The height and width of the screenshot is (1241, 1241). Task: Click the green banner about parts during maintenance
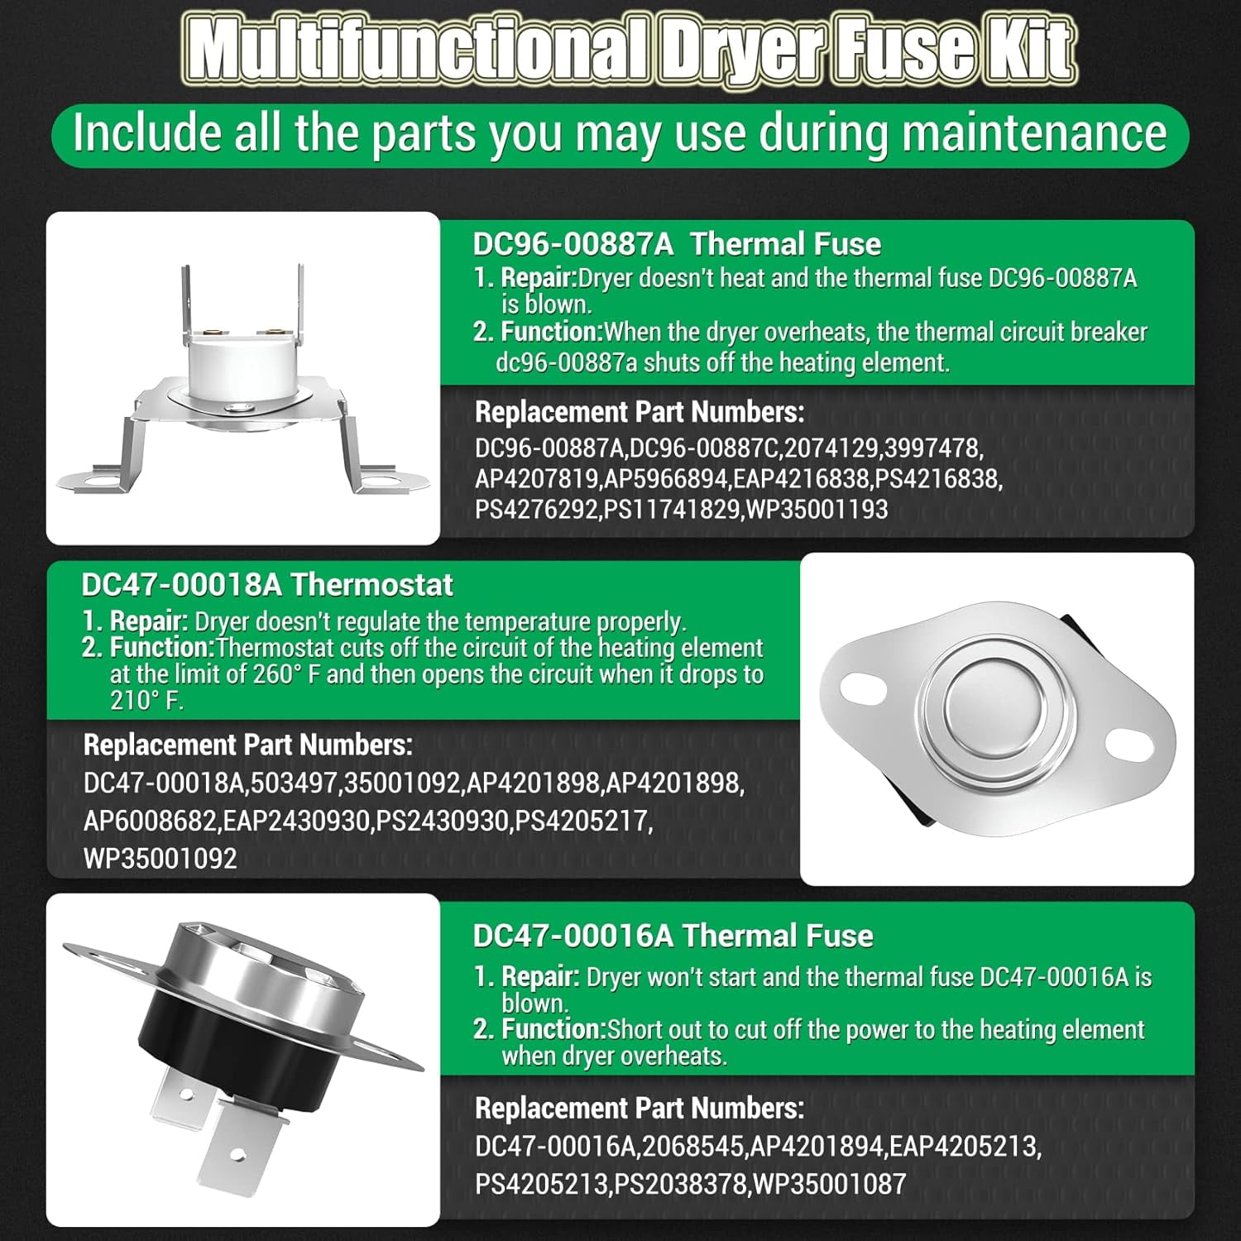coord(620,135)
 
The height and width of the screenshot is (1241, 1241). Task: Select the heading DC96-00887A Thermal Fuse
coord(677,244)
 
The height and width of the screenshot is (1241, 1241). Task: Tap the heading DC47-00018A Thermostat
coord(267,585)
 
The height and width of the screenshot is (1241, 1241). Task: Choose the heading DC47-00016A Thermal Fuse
coord(673,936)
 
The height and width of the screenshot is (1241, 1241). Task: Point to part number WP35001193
coord(817,509)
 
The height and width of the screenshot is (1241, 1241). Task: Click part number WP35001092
coord(161,858)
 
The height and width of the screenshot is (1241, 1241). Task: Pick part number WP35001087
coord(829,1183)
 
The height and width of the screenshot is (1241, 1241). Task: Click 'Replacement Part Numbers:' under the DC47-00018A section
coord(247,745)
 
